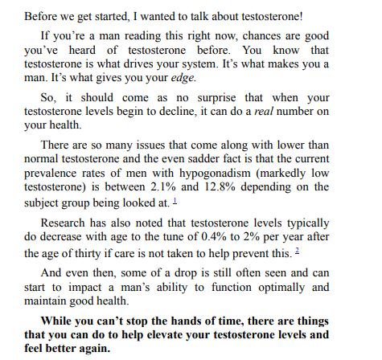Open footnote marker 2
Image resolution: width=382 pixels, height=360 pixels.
(x=297, y=252)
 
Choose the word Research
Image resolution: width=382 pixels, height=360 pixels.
(x=64, y=223)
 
